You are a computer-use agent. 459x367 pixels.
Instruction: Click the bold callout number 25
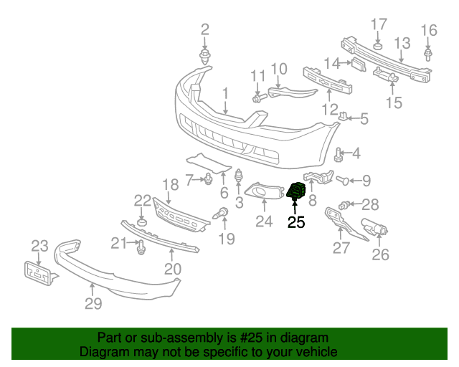tap(296, 222)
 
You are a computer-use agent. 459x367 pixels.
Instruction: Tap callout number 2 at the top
tap(205, 29)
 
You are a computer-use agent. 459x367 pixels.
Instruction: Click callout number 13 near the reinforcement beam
tap(401, 43)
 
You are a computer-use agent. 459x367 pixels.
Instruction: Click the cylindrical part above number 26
tap(375, 229)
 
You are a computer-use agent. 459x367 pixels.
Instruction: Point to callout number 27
tap(341, 248)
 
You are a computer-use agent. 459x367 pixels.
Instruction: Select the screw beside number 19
tap(222, 213)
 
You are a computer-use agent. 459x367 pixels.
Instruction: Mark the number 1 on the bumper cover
tap(225, 93)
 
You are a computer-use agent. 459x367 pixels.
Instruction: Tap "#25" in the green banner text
tap(250, 338)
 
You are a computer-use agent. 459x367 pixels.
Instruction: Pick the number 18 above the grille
tap(169, 184)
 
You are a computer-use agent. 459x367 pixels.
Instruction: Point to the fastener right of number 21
tap(141, 247)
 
